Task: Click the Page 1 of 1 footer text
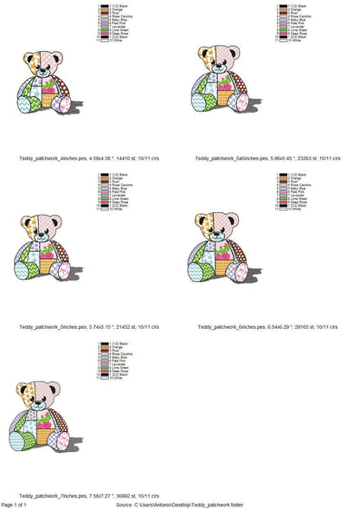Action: tap(16, 504)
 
